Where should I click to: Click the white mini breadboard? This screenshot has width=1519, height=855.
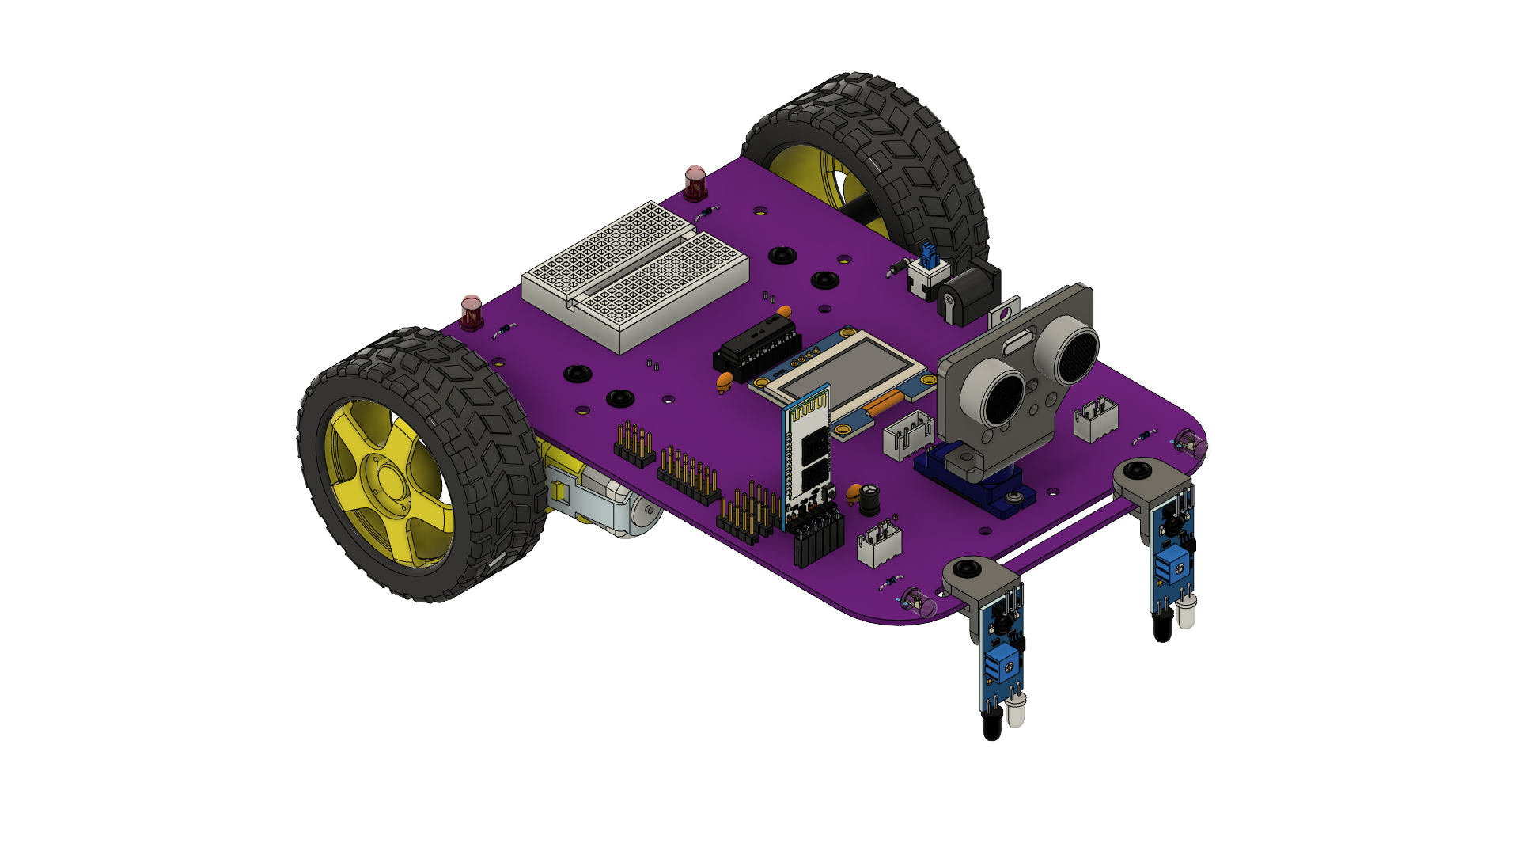pyautogui.click(x=633, y=273)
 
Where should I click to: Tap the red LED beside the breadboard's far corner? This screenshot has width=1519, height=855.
pyautogui.click(x=695, y=183)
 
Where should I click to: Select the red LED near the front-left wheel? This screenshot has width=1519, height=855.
pyautogui.click(x=472, y=312)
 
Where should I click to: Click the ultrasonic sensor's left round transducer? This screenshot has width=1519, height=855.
pyautogui.click(x=1003, y=393)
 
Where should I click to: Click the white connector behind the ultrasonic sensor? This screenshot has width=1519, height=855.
pyautogui.click(x=1097, y=420)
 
